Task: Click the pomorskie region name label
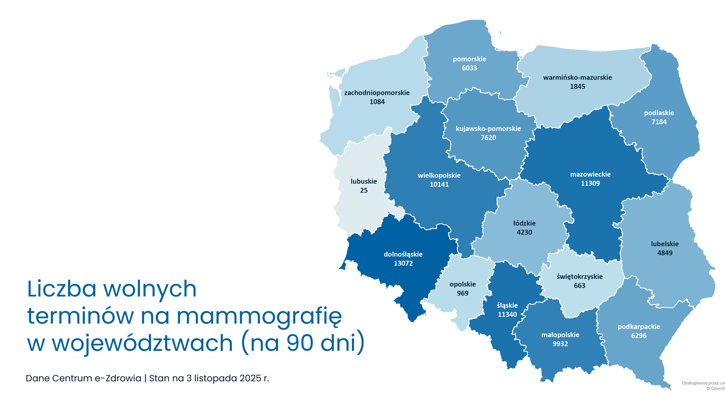click(x=469, y=59)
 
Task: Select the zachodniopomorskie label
click(x=377, y=93)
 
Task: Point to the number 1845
click(x=577, y=87)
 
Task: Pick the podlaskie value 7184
click(x=659, y=122)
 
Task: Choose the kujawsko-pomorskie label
click(x=488, y=129)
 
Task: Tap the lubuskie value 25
click(x=364, y=191)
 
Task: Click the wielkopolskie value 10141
click(x=439, y=184)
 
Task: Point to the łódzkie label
click(x=524, y=223)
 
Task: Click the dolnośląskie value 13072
click(x=403, y=263)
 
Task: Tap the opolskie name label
click(x=463, y=284)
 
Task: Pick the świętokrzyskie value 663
click(x=579, y=286)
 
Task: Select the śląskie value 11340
click(x=507, y=314)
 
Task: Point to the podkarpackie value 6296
click(x=639, y=336)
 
